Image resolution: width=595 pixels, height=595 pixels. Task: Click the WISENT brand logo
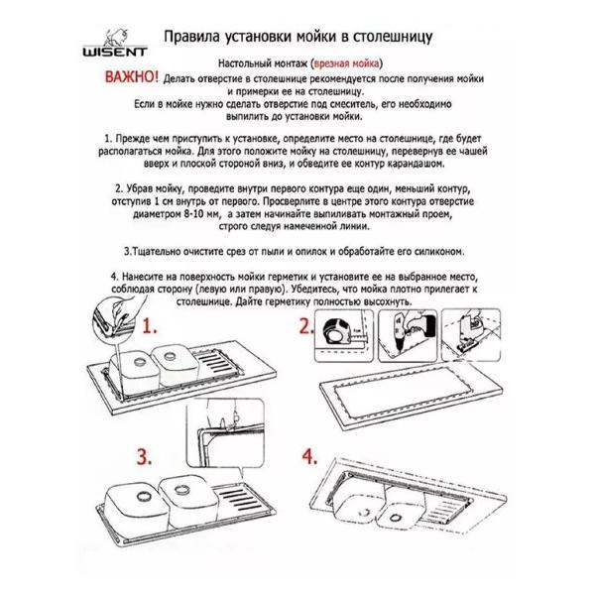[115, 43]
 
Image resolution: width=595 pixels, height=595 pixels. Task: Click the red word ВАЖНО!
[131, 77]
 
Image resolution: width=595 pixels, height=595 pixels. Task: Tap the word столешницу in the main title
[393, 38]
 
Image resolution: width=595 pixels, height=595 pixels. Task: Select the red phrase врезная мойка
[347, 63]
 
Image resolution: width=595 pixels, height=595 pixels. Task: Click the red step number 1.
[149, 326]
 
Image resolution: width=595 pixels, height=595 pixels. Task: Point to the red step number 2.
[306, 326]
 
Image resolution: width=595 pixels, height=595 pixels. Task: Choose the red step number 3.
[144, 456]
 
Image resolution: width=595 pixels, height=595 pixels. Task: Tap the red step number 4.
[309, 456]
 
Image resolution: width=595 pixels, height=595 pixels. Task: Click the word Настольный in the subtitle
[241, 63]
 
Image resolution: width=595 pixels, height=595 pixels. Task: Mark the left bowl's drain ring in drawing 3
[144, 496]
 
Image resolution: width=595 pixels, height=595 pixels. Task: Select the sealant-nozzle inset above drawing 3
[225, 433]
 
